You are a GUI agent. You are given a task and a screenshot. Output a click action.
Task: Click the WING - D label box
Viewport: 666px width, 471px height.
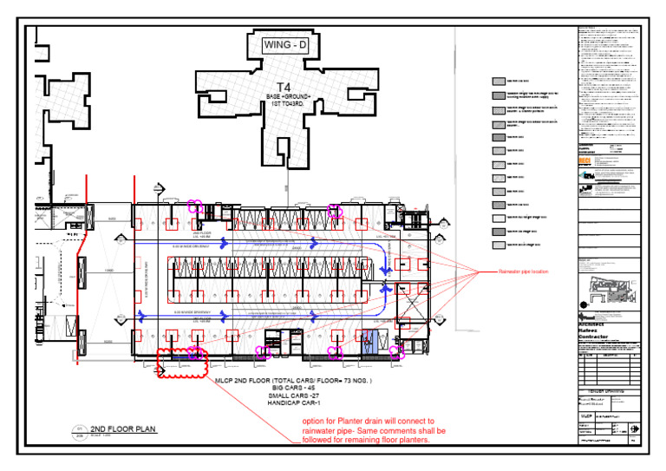(285, 44)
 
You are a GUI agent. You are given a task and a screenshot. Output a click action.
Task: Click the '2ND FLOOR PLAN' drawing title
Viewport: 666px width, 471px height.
(122, 429)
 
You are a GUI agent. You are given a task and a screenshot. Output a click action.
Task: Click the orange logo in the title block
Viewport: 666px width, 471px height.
(584, 161)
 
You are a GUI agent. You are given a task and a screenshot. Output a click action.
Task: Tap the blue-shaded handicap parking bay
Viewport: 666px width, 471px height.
(368, 345)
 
